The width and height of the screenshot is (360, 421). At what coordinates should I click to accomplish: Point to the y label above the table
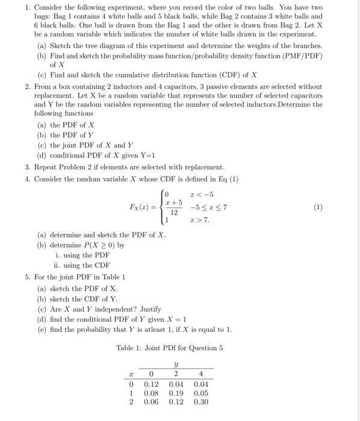176,362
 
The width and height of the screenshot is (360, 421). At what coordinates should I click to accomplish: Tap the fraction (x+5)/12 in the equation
173,207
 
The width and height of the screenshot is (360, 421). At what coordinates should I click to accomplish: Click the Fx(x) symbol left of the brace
143,207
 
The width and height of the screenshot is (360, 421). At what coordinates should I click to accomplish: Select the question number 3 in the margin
28,167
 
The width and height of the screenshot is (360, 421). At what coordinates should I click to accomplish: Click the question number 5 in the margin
28,277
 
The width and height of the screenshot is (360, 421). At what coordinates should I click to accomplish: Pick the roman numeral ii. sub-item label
57,265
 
